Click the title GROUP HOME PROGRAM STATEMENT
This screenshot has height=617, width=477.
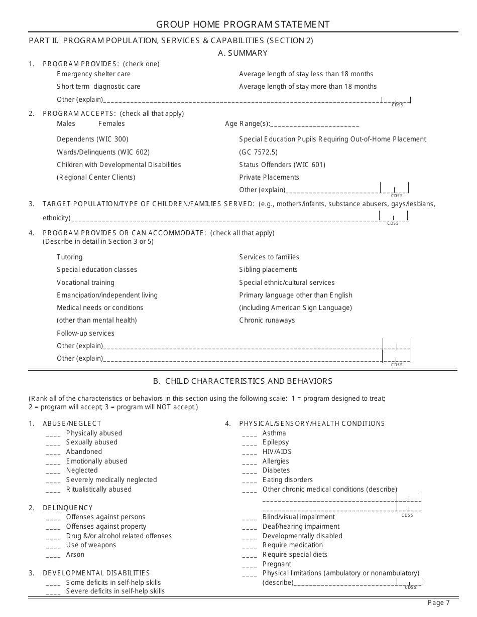(x=243, y=25)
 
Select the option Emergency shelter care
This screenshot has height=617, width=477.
(x=93, y=74)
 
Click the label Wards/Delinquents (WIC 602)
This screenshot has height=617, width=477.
(x=103, y=152)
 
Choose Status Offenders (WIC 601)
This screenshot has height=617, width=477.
(x=282, y=165)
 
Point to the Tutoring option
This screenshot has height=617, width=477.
(x=69, y=257)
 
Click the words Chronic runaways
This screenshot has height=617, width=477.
(x=267, y=320)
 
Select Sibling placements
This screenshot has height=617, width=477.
(x=268, y=269)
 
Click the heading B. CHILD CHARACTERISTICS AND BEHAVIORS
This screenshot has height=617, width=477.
(x=243, y=381)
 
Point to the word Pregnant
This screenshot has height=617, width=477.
(x=277, y=564)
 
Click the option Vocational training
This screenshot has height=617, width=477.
(x=85, y=282)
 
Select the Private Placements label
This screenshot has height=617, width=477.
(x=269, y=177)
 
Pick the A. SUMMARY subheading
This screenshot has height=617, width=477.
(x=243, y=53)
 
